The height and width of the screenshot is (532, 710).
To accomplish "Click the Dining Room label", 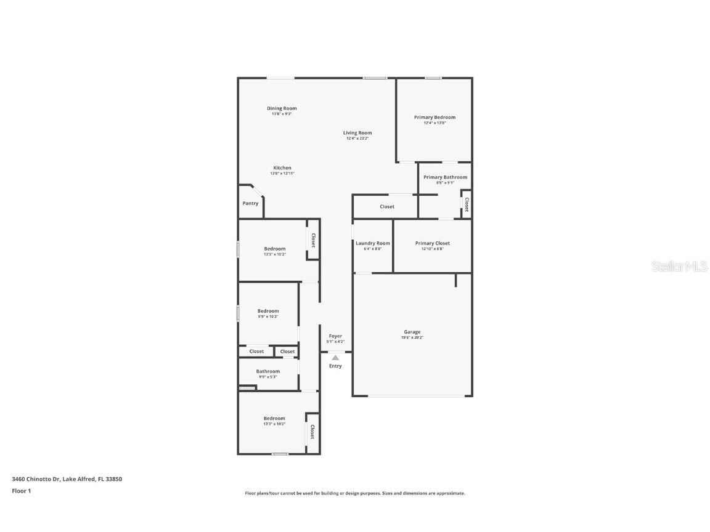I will click(x=282, y=108).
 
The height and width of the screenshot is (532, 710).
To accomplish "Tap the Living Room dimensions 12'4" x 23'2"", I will click(x=357, y=139).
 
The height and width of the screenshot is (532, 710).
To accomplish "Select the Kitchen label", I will click(x=282, y=167).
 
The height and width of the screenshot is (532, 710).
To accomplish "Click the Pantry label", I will click(x=250, y=203).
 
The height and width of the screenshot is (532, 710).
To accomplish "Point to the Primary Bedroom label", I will click(x=435, y=117).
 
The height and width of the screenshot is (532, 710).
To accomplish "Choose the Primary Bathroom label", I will click(x=445, y=177).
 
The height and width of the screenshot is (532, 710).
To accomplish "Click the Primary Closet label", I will click(x=433, y=243).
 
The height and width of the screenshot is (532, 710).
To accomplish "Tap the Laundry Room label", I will click(x=373, y=243).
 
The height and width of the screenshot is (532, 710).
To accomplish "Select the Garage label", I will click(x=412, y=332).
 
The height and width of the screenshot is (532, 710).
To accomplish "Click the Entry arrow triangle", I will click(x=335, y=357).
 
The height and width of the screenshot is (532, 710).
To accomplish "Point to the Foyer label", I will click(x=335, y=336).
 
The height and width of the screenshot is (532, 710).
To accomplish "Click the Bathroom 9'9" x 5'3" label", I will click(x=268, y=371).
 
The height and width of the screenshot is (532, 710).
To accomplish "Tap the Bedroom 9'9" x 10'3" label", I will click(x=268, y=311).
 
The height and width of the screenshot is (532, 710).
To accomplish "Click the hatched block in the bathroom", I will click(x=247, y=388).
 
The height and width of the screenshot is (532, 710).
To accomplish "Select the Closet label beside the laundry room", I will click(x=387, y=206).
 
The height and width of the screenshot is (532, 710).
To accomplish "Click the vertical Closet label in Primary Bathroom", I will click(x=467, y=204).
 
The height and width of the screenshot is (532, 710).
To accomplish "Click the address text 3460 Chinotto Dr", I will click(x=36, y=478).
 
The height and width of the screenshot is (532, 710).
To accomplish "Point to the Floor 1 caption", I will click(x=21, y=491).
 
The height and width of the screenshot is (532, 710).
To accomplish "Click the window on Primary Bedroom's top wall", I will click(x=433, y=78).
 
